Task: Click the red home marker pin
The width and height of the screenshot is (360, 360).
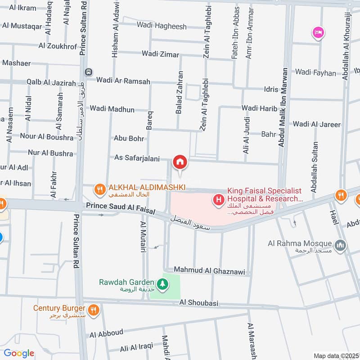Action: (180, 162)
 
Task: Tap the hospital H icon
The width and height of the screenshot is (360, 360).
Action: (219, 198)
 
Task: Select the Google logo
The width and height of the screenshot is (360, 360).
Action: (19, 353)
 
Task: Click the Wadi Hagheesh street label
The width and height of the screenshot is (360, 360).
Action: (162, 27)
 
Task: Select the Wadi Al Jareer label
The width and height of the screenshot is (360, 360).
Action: (317, 124)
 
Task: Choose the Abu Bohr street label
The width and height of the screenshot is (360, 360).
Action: (129, 139)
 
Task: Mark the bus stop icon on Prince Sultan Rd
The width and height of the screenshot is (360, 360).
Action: (90, 72)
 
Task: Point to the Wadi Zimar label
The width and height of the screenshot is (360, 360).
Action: (160, 54)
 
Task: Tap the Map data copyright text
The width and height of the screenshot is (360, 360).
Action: (336, 355)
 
